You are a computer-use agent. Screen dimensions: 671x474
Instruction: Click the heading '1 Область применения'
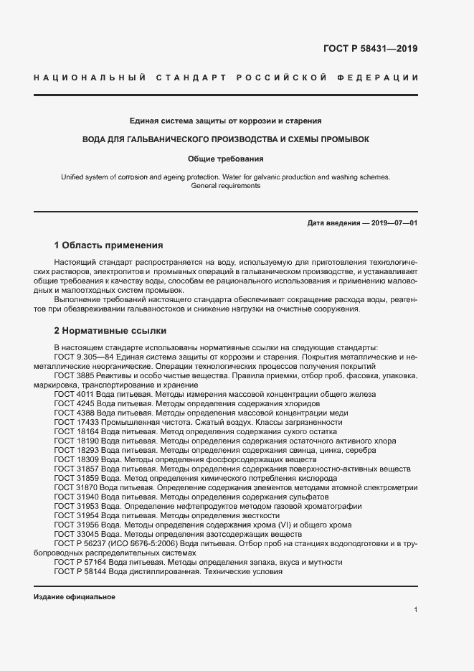pyautogui.click(x=108, y=245)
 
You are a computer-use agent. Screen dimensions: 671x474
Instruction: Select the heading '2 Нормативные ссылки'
pyautogui.click(x=110, y=331)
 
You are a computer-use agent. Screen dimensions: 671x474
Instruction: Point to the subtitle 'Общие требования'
pyautogui.click(x=225, y=158)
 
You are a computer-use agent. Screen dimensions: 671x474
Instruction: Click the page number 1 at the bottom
pyautogui.click(x=416, y=609)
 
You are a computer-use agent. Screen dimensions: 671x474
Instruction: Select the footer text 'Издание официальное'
pyautogui.click(x=75, y=597)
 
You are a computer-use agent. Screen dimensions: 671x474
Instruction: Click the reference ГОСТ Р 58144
pyautogui.click(x=81, y=572)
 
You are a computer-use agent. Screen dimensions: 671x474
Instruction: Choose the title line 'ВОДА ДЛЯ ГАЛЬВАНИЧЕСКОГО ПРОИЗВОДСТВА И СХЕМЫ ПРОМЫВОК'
pyautogui.click(x=225, y=139)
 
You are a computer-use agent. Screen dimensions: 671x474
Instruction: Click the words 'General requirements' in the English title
pyautogui.click(x=225, y=186)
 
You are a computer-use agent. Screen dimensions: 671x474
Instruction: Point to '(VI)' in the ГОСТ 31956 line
pyautogui.click(x=272, y=525)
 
